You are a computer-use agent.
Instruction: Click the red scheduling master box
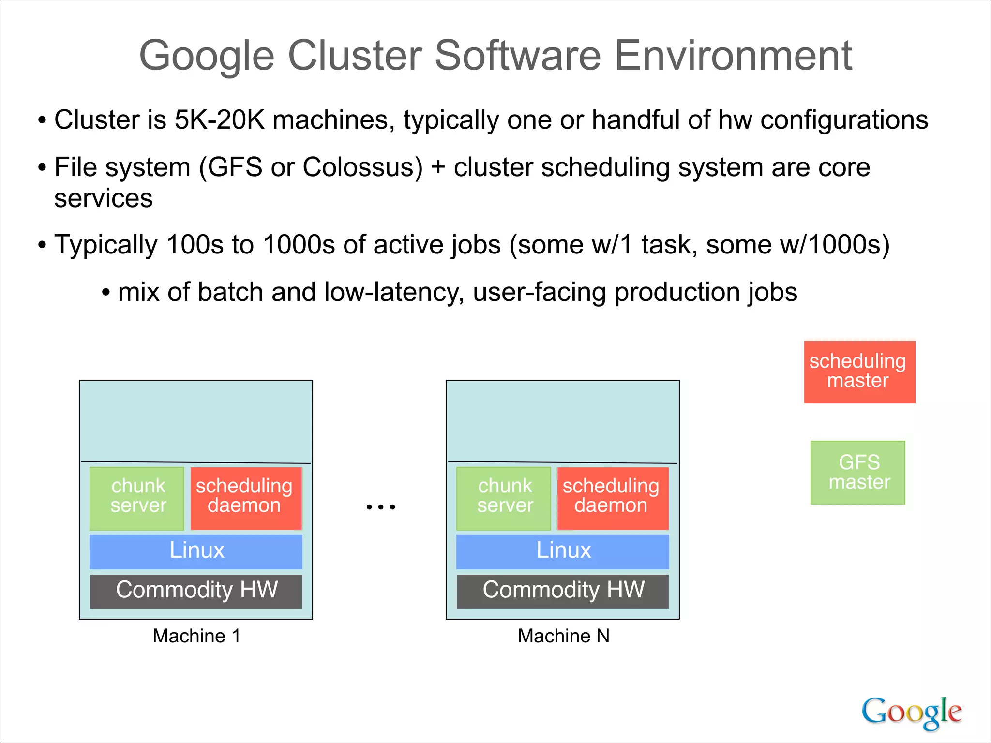pyautogui.click(x=859, y=371)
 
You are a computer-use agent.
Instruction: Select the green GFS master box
pyautogui.click(x=857, y=472)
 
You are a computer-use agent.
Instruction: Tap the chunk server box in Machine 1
pyautogui.click(x=137, y=498)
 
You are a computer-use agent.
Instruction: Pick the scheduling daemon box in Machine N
pyautogui.click(x=613, y=498)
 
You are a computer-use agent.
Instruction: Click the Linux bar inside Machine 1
pyautogui.click(x=196, y=551)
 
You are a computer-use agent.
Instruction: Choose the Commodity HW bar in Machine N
pyautogui.click(x=563, y=591)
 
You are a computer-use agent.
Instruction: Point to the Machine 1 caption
pyautogui.click(x=196, y=636)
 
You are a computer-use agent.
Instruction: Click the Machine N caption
pyautogui.click(x=563, y=636)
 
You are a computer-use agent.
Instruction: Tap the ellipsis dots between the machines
pyautogui.click(x=381, y=507)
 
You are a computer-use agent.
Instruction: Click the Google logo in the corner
pyautogui.click(x=911, y=712)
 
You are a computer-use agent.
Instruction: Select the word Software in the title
pyautogui.click(x=517, y=56)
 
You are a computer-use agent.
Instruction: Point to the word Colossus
pyautogui.click(x=362, y=167)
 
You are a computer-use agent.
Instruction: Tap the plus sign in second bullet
pyautogui.click(x=438, y=167)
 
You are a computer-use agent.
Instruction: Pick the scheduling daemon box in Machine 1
pyautogui.click(x=246, y=498)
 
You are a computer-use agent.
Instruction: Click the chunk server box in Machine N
pyautogui.click(x=504, y=498)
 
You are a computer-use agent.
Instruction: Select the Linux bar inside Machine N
pyautogui.click(x=563, y=551)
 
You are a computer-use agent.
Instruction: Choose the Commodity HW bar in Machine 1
pyautogui.click(x=196, y=591)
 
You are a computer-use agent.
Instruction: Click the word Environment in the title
pyautogui.click(x=733, y=56)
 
